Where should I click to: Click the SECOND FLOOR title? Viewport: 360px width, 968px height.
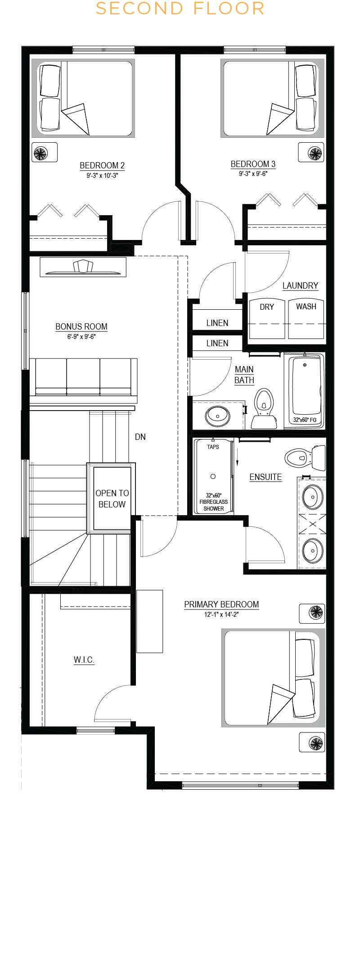click(x=180, y=9)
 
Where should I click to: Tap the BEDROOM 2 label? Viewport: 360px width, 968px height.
click(x=102, y=165)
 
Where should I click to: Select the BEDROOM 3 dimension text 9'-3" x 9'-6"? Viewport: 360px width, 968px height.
click(x=253, y=174)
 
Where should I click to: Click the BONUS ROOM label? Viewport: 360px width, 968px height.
click(x=81, y=326)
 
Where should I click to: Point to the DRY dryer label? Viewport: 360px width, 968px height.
click(x=267, y=307)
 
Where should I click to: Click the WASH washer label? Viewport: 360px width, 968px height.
click(x=306, y=307)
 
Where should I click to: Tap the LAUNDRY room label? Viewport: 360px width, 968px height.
click(x=300, y=285)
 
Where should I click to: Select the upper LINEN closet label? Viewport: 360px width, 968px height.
click(x=217, y=323)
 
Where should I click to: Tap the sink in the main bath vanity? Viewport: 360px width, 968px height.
click(x=218, y=416)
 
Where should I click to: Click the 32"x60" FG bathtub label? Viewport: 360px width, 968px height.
click(x=305, y=420)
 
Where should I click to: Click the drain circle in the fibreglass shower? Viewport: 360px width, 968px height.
click(x=213, y=476)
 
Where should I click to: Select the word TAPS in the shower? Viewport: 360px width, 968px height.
click(x=213, y=447)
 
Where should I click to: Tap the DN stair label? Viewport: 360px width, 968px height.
click(x=140, y=437)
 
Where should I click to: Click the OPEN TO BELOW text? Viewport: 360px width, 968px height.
click(x=112, y=499)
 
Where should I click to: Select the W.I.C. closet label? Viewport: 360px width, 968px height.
click(x=84, y=660)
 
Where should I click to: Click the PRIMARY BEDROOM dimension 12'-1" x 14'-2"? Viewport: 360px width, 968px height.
click(x=221, y=614)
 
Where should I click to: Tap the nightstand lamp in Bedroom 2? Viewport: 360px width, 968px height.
click(x=40, y=153)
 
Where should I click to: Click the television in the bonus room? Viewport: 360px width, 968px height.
click(x=83, y=267)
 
